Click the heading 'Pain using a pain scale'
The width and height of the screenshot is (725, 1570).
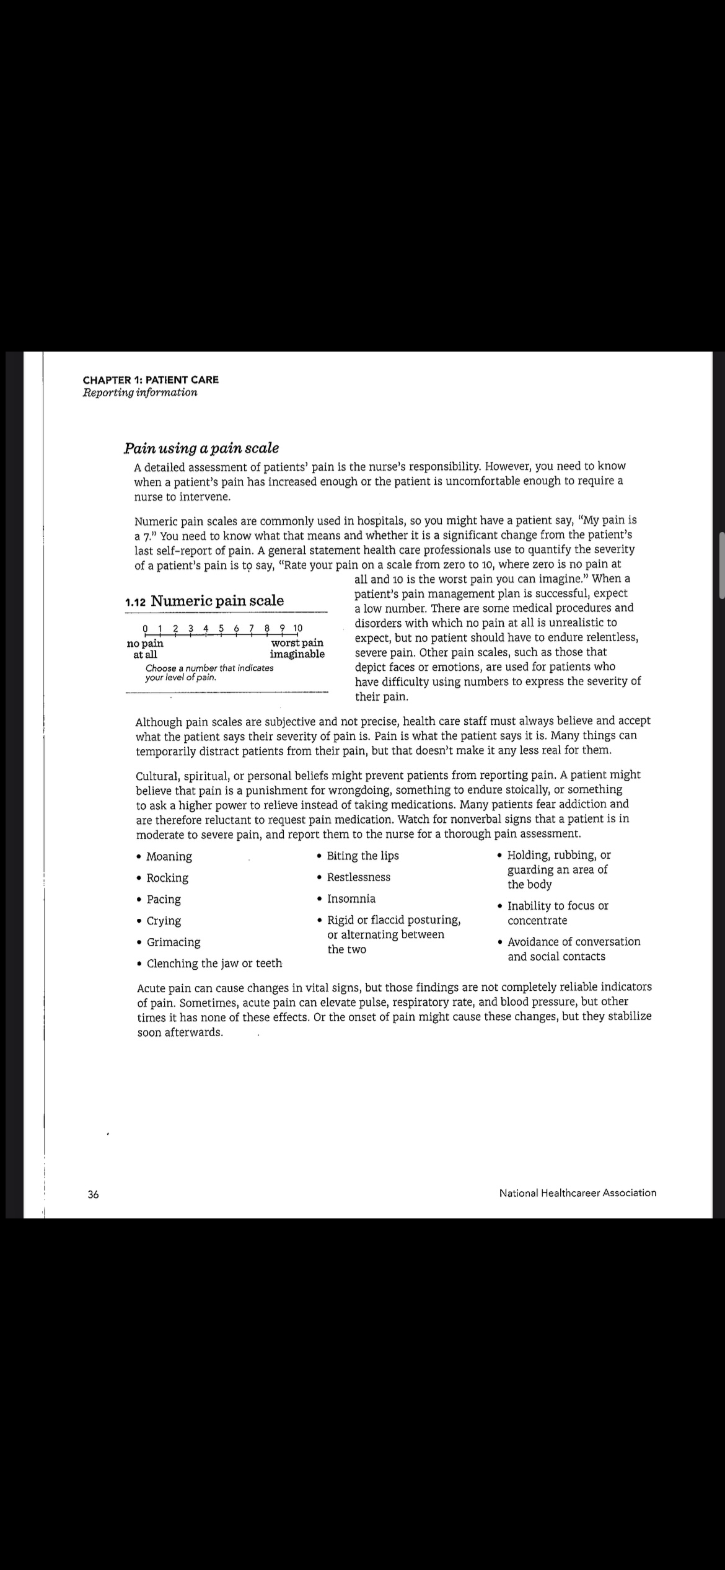(x=201, y=448)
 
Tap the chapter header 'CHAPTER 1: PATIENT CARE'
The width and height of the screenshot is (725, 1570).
(x=151, y=379)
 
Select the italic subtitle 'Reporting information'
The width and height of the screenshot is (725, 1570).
(x=140, y=393)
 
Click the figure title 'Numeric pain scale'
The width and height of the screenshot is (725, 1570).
(x=217, y=600)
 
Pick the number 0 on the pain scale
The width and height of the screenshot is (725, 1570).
(x=145, y=629)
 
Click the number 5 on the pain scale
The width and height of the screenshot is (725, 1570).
(x=221, y=629)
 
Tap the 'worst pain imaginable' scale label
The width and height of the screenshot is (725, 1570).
(x=297, y=649)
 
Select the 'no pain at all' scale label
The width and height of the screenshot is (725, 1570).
(x=145, y=649)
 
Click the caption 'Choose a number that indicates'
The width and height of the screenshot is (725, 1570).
(x=209, y=668)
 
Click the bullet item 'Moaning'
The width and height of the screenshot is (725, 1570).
(x=169, y=856)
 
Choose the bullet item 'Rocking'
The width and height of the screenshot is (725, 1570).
(x=167, y=878)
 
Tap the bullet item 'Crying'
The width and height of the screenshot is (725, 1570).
(x=164, y=921)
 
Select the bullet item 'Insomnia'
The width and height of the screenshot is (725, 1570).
(x=351, y=898)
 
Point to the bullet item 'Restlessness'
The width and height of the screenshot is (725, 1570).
(x=359, y=877)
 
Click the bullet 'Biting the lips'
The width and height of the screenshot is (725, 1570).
(x=363, y=856)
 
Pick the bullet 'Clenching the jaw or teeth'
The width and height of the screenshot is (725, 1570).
(x=214, y=963)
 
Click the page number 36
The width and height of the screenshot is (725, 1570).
(x=93, y=1194)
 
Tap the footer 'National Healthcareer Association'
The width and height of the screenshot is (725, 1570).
(x=578, y=1192)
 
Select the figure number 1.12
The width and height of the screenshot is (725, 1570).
(x=135, y=601)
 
